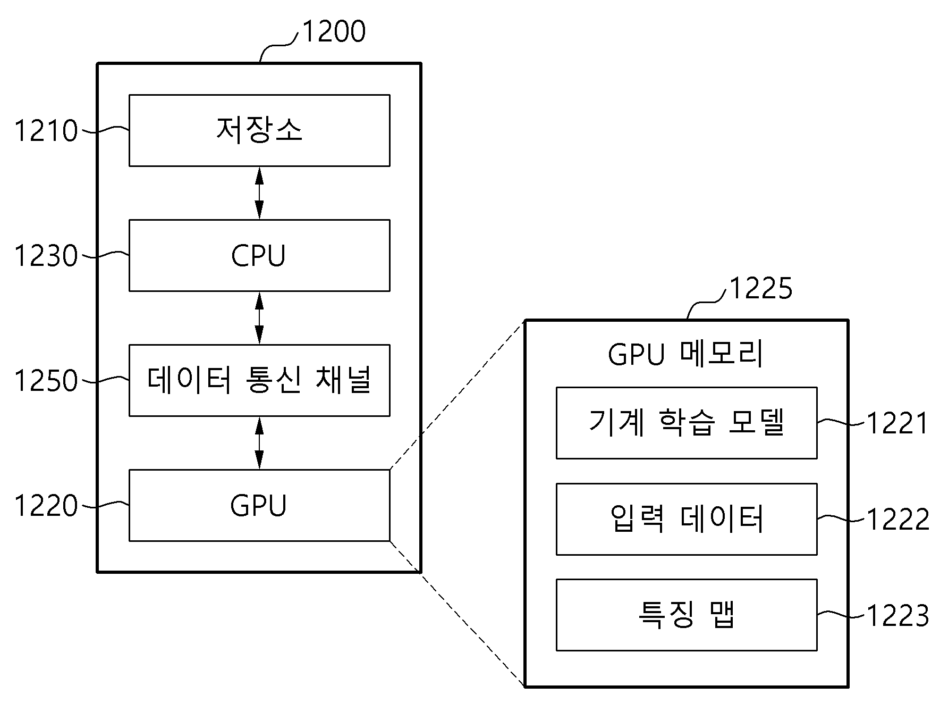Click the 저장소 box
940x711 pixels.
(259, 130)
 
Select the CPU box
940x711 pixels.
(259, 255)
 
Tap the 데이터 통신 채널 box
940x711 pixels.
(259, 380)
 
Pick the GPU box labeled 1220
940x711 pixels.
(259, 505)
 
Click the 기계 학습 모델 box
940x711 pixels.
(687, 423)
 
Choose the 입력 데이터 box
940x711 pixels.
(687, 519)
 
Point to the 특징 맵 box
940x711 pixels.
(687, 615)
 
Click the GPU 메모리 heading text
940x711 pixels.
(685, 354)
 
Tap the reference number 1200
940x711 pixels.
(334, 31)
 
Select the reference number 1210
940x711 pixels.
(46, 131)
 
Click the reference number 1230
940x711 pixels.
(46, 256)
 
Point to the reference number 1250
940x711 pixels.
(46, 381)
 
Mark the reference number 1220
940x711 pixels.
(46, 506)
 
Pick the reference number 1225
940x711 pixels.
(761, 289)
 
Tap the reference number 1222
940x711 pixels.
(898, 519)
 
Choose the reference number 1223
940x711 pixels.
(898, 616)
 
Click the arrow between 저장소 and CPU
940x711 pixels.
(259, 193)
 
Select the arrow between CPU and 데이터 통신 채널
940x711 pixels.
(259, 318)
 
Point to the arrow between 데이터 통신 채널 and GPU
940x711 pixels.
(259, 443)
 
